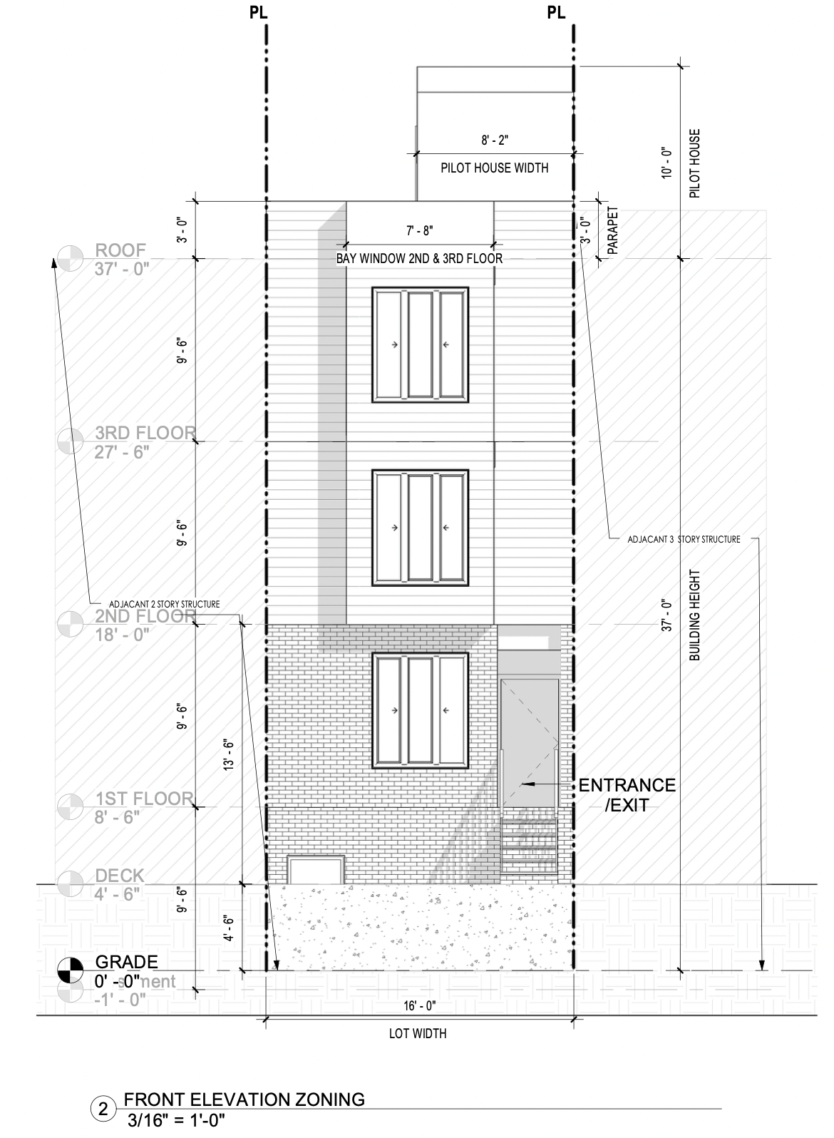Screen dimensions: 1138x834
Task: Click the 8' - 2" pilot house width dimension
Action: click(x=494, y=140)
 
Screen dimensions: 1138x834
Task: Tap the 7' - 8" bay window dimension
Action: click(x=419, y=230)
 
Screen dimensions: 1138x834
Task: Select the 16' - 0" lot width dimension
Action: click(x=418, y=1006)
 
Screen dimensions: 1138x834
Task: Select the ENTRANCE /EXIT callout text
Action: click(x=627, y=795)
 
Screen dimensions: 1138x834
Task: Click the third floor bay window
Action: click(x=419, y=344)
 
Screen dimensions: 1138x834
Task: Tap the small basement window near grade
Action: click(x=315, y=870)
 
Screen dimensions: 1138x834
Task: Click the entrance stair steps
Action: click(x=529, y=847)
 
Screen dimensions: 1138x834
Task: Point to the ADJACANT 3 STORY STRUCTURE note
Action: click(x=683, y=539)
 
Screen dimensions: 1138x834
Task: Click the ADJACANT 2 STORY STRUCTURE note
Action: click(x=164, y=604)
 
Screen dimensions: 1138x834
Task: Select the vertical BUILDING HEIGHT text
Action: click(x=696, y=615)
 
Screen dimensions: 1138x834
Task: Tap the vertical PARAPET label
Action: click(x=612, y=232)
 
